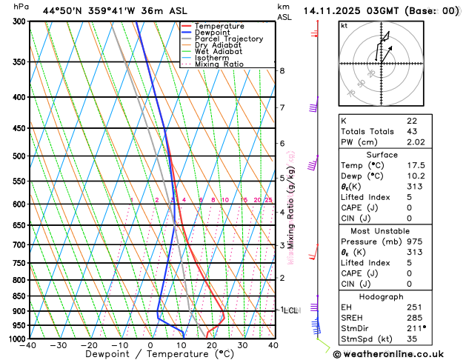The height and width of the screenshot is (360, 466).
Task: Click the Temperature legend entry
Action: coord(218,26)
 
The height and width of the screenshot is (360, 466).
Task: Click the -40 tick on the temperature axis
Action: coord(29,344)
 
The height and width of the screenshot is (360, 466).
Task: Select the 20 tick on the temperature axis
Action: coord(212,344)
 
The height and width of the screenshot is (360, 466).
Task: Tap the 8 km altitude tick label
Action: coord(282,70)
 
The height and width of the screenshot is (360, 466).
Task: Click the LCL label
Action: coord(290,310)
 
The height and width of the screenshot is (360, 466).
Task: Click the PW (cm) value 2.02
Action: coord(416,142)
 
